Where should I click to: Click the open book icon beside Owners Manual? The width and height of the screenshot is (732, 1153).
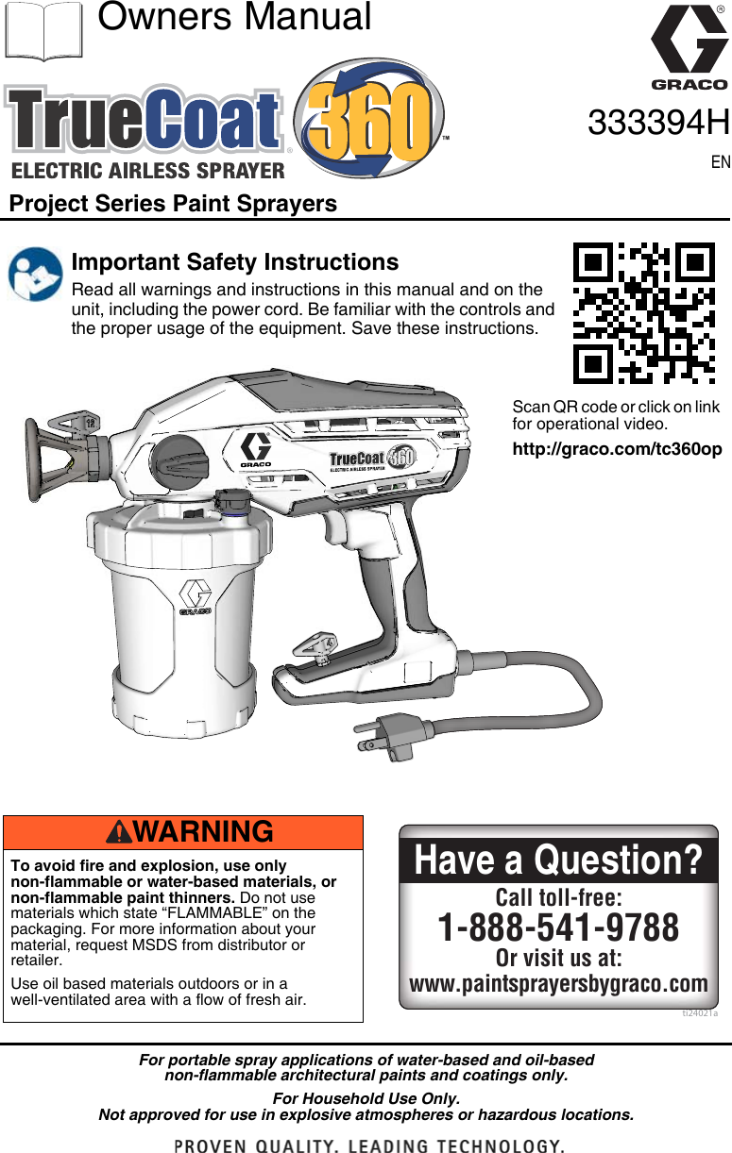coord(43,30)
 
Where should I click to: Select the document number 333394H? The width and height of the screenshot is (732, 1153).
coord(658,123)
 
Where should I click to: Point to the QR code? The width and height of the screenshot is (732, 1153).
coord(644,313)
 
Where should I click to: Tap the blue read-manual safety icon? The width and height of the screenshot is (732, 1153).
coord(35,274)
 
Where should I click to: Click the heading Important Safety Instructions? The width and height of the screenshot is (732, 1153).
coord(235,261)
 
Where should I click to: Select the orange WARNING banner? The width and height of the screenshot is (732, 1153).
coord(183,832)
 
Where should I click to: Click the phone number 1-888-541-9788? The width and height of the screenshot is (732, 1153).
coord(558,927)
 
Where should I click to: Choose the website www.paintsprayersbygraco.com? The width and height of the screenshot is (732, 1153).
coord(558,984)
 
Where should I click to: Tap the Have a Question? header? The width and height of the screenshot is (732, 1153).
coord(558,861)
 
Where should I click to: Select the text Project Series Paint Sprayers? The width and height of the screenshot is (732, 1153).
coord(173,204)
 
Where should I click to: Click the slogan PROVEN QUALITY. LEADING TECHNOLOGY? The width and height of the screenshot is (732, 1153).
coord(369,1145)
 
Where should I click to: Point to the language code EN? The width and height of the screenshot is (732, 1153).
coord(720,162)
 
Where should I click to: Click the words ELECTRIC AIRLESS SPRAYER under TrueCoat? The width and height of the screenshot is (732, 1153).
coord(148,171)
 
